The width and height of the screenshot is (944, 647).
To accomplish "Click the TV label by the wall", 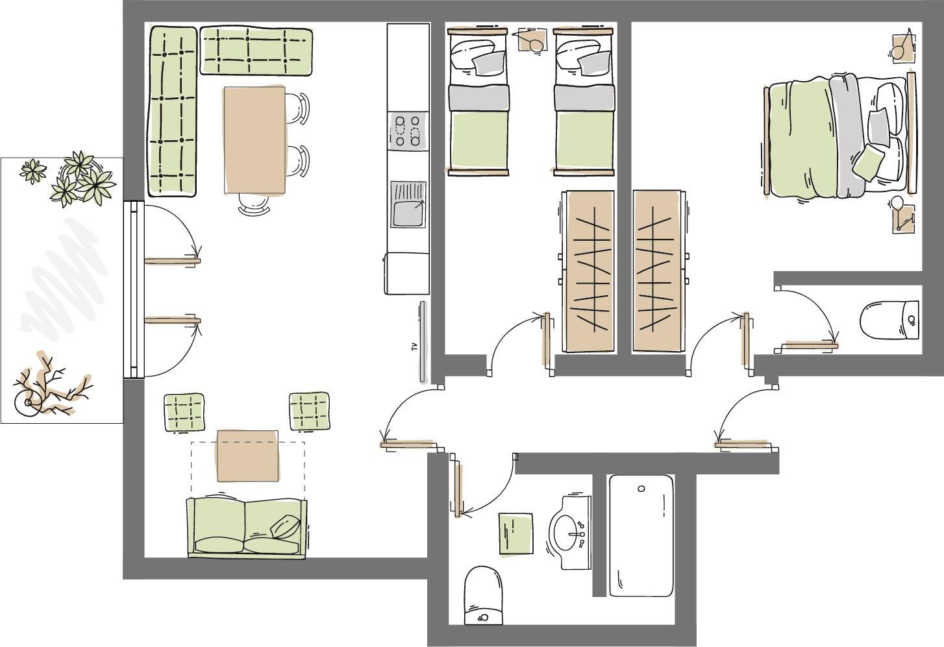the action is (x=414, y=347).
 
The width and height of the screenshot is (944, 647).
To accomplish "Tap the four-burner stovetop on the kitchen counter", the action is (x=408, y=132).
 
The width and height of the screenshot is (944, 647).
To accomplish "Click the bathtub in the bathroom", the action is (x=641, y=535).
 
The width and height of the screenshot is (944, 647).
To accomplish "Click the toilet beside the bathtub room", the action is (x=484, y=596).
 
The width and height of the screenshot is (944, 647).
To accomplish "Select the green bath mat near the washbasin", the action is (x=516, y=533).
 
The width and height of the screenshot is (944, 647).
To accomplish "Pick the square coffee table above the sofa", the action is (x=247, y=456).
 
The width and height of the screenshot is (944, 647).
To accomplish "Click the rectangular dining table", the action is (x=255, y=140).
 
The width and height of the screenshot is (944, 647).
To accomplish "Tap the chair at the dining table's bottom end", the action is (x=254, y=204).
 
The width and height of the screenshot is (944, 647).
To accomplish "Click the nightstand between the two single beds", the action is (x=532, y=40).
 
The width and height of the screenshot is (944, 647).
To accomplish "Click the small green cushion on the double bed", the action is (x=868, y=162).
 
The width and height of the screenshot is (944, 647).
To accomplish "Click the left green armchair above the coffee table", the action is (x=184, y=412).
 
